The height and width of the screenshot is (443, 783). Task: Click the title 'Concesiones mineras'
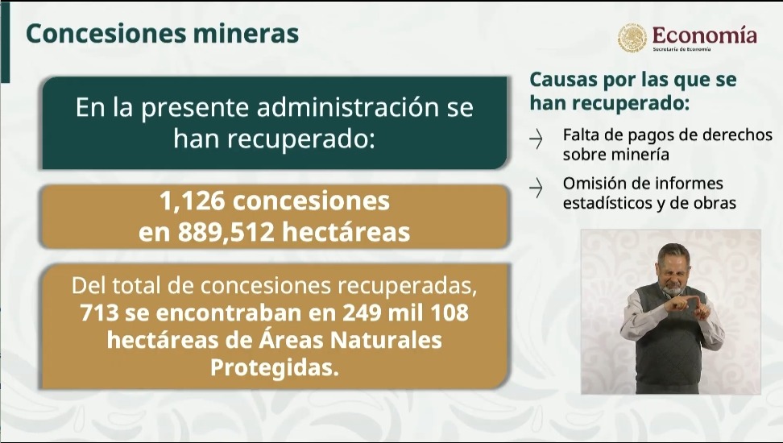[x=162, y=35]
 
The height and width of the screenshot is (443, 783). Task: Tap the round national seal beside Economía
[x=632, y=38]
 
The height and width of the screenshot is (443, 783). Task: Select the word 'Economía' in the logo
[x=705, y=35]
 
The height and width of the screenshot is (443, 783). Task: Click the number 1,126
[x=192, y=201]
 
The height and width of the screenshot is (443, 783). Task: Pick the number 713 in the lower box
[x=99, y=313]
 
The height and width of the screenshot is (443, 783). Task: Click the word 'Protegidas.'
[x=275, y=368]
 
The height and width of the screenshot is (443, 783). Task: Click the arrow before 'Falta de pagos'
[x=536, y=139]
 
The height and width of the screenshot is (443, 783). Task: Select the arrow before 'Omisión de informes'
[x=536, y=188]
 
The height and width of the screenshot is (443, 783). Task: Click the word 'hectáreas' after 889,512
[x=346, y=232]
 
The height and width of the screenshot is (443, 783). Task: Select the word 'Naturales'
[x=387, y=341]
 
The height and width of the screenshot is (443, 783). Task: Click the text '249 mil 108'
[x=405, y=313]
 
